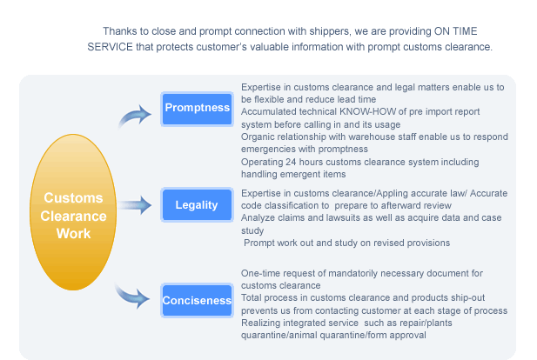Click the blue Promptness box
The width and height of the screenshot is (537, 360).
click(x=197, y=109)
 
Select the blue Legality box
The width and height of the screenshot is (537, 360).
click(x=197, y=204)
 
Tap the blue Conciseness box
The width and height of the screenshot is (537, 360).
click(x=197, y=301)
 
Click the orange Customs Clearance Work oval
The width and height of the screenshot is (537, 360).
click(x=73, y=212)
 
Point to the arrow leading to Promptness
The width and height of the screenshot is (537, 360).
click(x=135, y=116)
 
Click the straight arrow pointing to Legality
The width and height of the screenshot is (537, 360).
click(x=135, y=205)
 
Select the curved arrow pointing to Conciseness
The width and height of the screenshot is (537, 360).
click(x=133, y=296)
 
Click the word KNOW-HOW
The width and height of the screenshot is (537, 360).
click(x=368, y=112)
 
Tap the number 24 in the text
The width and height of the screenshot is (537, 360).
click(x=291, y=162)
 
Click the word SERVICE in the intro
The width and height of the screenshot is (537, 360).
click(x=110, y=47)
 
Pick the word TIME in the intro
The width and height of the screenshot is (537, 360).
click(x=465, y=31)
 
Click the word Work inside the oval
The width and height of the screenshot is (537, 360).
click(x=73, y=234)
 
